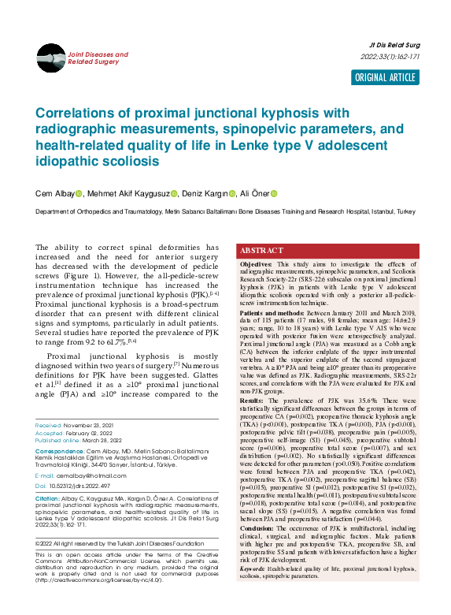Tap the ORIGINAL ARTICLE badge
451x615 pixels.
coord(385,76)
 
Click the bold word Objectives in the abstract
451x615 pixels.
coord(257,263)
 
